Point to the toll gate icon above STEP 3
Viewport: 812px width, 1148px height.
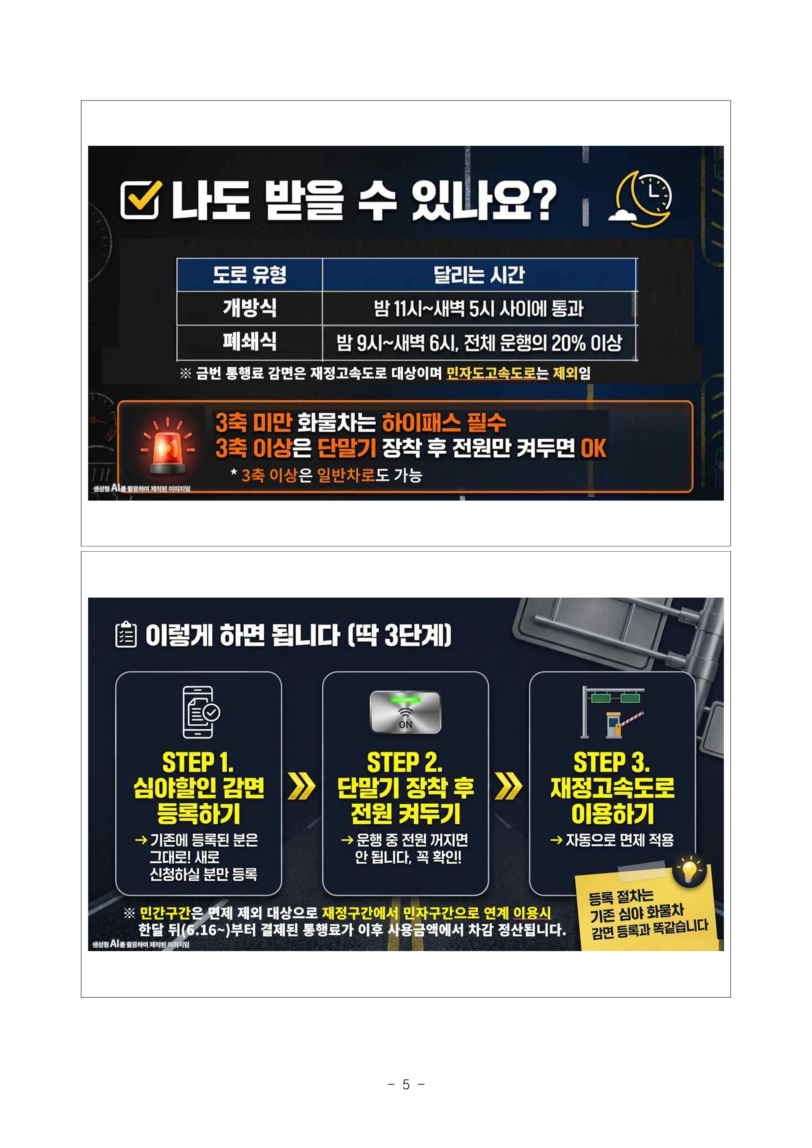point(612,712)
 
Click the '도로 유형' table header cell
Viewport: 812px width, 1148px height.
point(250,275)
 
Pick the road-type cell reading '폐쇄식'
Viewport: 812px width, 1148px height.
point(250,342)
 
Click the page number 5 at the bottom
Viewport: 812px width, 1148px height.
point(406,1084)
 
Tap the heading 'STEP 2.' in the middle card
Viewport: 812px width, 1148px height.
point(405,762)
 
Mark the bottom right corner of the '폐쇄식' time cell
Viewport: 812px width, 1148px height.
point(637,360)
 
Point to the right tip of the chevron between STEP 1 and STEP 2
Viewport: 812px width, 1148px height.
point(315,787)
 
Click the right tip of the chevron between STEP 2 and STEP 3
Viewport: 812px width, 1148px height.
point(522,787)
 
